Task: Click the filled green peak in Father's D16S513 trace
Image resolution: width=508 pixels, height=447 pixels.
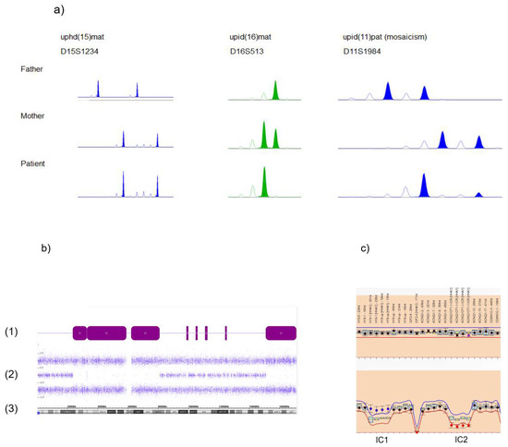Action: point(274,91)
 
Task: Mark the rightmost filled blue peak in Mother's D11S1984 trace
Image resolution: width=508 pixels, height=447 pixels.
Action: point(478,141)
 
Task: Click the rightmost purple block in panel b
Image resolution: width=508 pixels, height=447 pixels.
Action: point(280,332)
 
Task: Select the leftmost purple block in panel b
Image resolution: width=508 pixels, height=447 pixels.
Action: point(79,332)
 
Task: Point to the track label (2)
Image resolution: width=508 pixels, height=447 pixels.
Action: point(10,374)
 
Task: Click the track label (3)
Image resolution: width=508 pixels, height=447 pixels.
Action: point(10,407)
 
